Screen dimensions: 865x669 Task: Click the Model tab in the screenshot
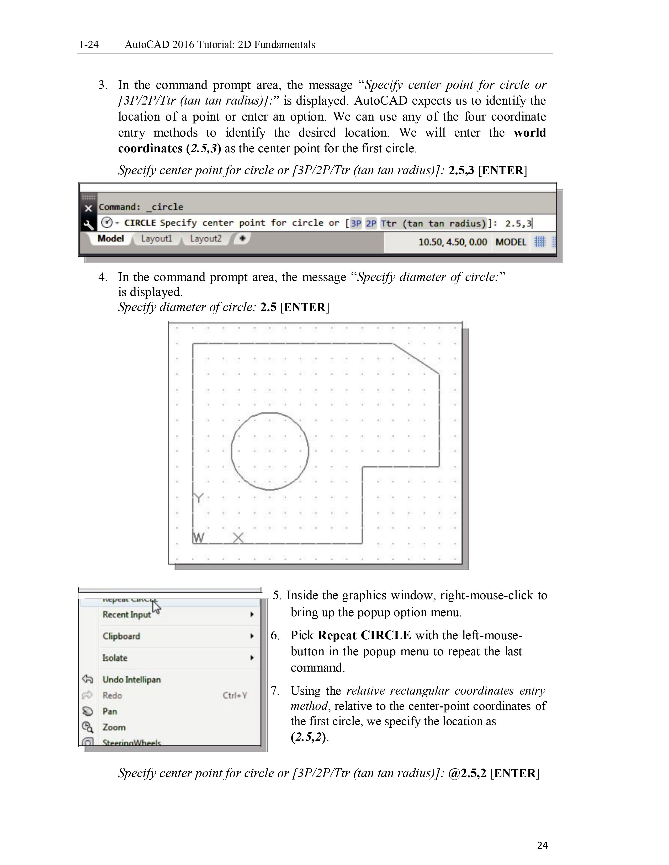pyautogui.click(x=110, y=239)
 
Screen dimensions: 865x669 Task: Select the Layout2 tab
pyautogui.click(x=205, y=239)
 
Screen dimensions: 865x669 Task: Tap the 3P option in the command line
pyautogui.click(x=356, y=223)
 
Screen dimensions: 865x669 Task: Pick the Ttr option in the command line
pyautogui.click(x=388, y=223)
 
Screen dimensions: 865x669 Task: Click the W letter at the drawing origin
pyautogui.click(x=199, y=538)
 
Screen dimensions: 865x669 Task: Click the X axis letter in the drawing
pyautogui.click(x=238, y=538)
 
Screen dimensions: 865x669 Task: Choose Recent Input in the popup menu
pyautogui.click(x=126, y=614)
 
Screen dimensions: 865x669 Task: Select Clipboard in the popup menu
pyautogui.click(x=121, y=636)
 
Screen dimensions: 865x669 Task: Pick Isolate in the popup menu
pyautogui.click(x=115, y=658)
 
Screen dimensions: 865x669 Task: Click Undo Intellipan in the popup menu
pyautogui.click(x=132, y=680)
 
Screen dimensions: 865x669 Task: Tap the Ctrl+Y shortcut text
pyautogui.click(x=235, y=695)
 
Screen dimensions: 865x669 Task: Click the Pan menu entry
pyautogui.click(x=110, y=711)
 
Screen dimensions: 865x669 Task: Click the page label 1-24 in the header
pyautogui.click(x=89, y=44)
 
